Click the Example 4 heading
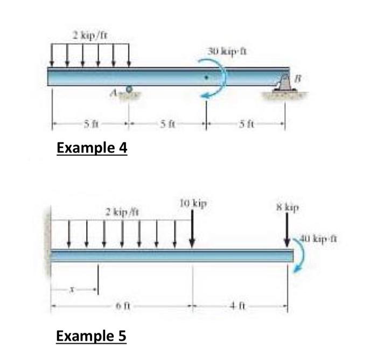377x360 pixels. [92, 148]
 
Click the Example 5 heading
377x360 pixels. [91, 336]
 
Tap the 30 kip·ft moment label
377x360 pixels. [227, 52]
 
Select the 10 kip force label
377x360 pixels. [193, 204]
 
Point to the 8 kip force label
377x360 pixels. [288, 207]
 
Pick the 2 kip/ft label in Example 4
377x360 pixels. [90, 36]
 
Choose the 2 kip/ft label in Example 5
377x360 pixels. [123, 212]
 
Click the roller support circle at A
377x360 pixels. [129, 89]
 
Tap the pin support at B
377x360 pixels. [285, 83]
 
